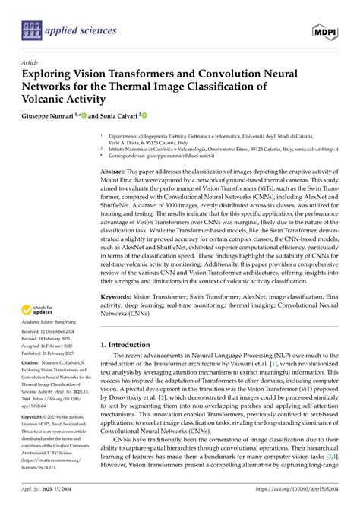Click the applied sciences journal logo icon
click(31, 30)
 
